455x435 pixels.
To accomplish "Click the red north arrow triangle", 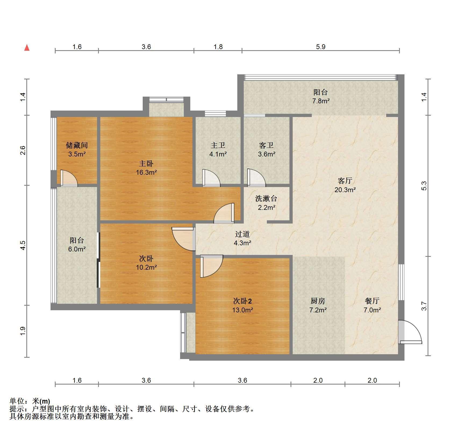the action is tap(27, 48).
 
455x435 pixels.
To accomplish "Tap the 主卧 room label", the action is tap(146, 163).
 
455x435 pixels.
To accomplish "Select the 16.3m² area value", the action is tap(146, 172).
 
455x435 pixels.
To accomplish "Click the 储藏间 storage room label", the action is tap(77, 145).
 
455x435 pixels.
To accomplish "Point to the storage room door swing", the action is tap(69, 178).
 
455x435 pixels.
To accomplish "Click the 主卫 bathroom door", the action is tap(212, 178).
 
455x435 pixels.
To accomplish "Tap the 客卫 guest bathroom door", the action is tap(257, 177).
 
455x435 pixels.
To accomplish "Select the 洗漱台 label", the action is tap(266, 199).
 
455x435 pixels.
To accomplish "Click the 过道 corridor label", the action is tap(242, 234).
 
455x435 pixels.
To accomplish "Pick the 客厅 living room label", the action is tap(345, 181).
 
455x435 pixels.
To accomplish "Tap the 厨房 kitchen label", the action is tap(318, 301).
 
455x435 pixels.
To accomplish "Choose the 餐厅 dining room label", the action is tap(372, 301).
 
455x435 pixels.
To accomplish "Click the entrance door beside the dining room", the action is tap(410, 332).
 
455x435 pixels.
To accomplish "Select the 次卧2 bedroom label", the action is tap(242, 301).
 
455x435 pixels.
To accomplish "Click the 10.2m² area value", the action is tap(146, 267).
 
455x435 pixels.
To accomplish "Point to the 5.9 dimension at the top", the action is tap(321, 47).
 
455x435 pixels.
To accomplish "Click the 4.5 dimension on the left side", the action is tap(23, 245).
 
